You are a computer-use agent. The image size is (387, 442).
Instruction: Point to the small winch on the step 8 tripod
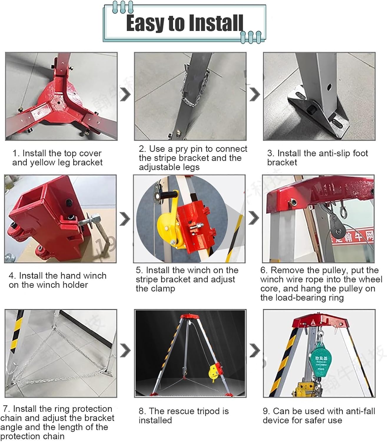(x=214, y=372)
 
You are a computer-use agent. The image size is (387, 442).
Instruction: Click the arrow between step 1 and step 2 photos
(x=126, y=95)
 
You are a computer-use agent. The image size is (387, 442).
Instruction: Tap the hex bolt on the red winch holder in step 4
(x=96, y=219)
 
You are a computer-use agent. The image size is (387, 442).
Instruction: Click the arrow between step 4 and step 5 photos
(x=125, y=219)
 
